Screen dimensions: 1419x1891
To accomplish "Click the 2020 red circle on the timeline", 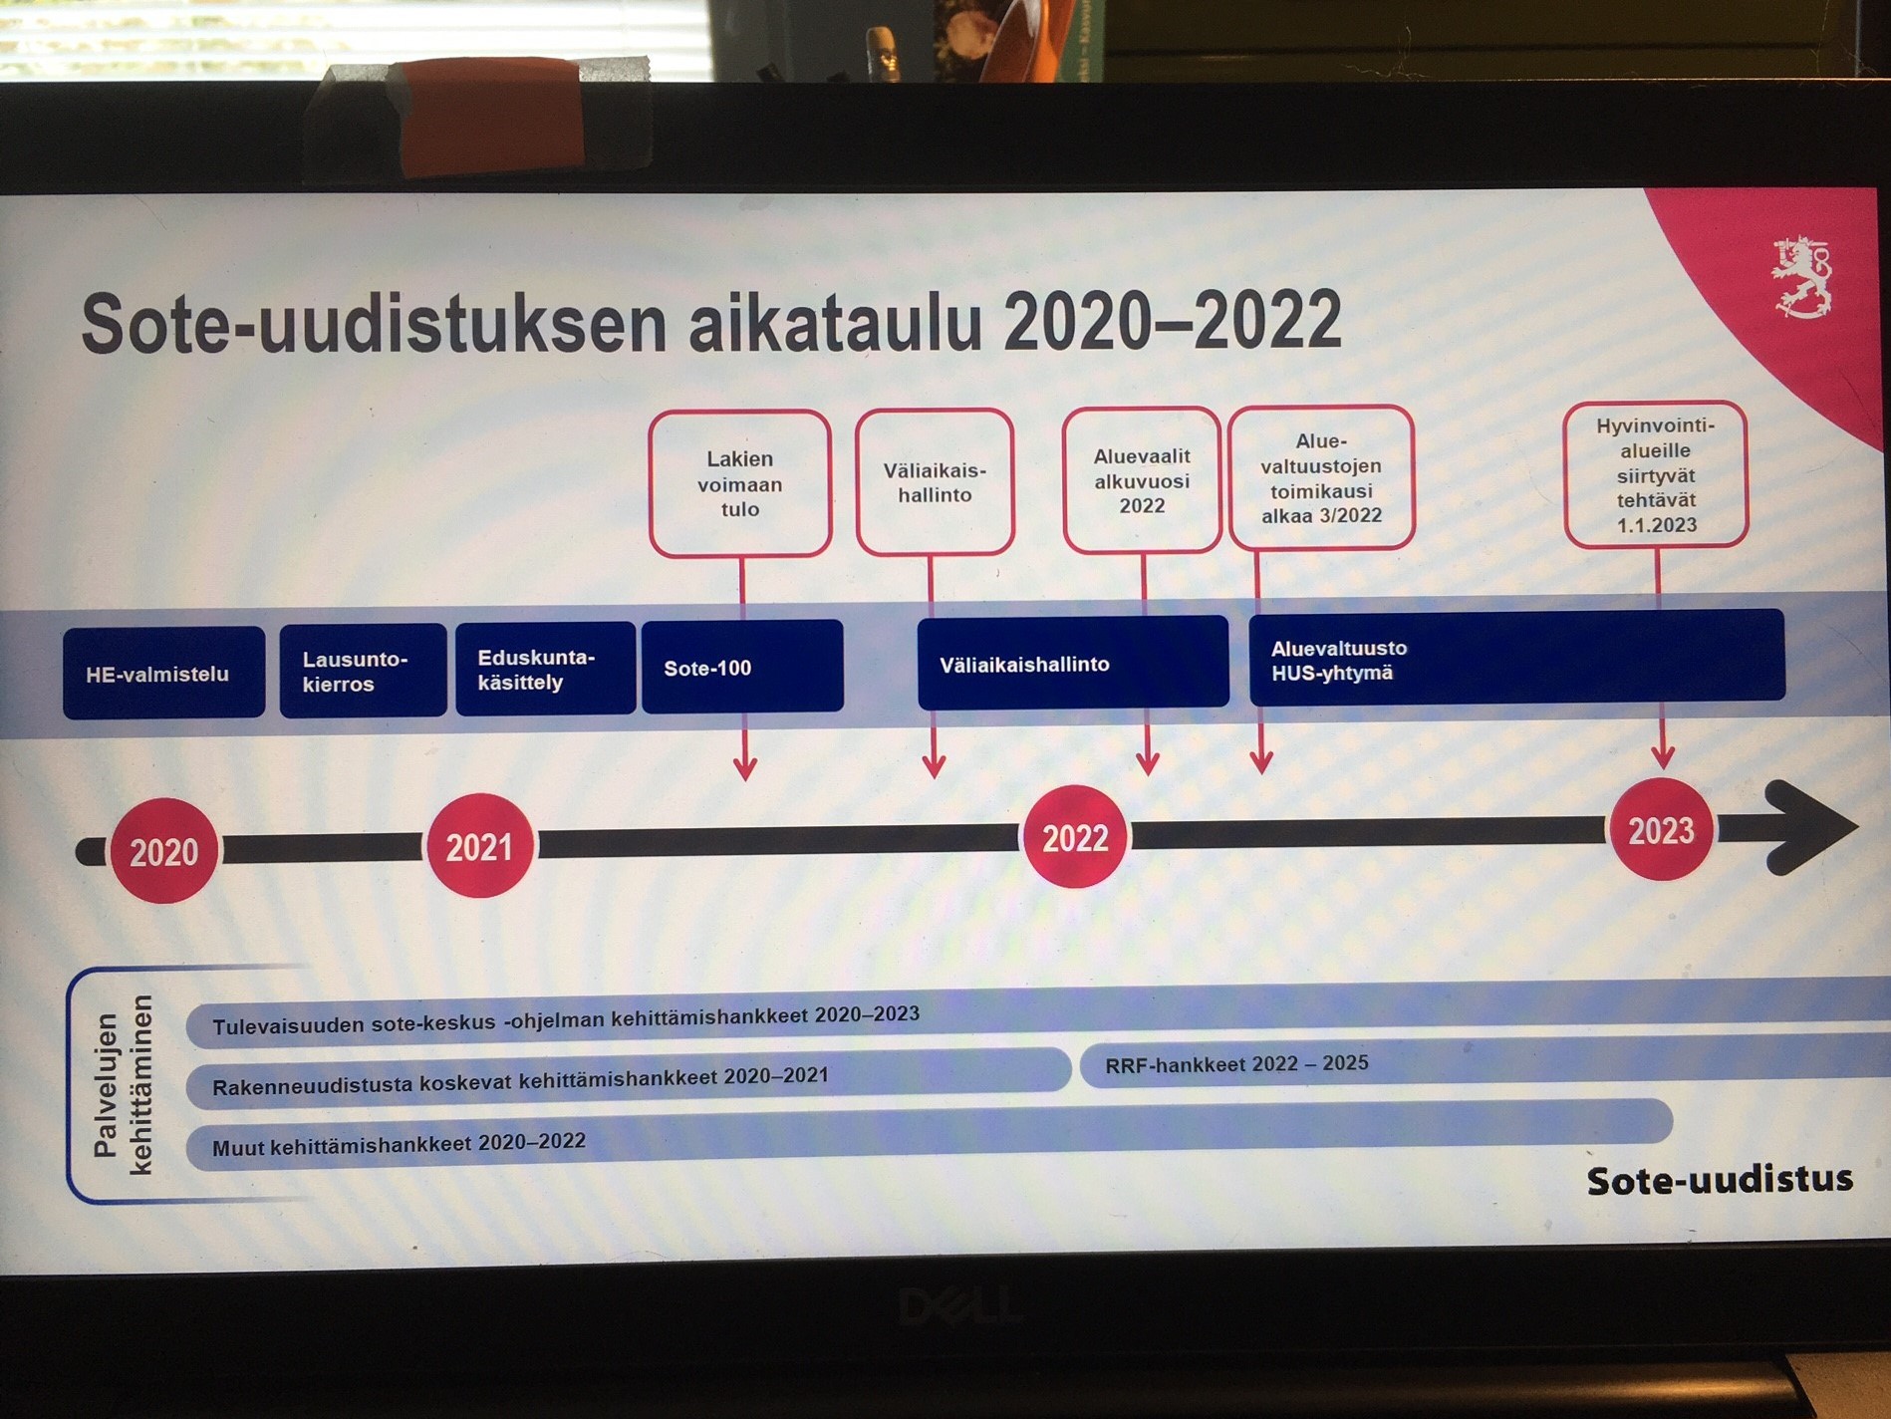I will pos(163,851).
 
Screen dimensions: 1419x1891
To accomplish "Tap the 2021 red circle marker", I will pos(479,846).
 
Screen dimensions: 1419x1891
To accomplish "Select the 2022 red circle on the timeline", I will pos(1075,837).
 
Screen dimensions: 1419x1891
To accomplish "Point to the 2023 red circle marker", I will pos(1661,830).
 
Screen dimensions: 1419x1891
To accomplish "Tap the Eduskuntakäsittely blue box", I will pos(545,669).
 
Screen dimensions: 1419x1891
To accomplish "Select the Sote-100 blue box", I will pos(742,667).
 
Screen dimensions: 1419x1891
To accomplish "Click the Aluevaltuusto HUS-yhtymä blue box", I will pos(1515,659).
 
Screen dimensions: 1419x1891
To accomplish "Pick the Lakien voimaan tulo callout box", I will pos(739,483).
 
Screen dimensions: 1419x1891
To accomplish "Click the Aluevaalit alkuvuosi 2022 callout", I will pos(1142,480).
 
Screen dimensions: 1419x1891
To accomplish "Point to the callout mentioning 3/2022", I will pos(1321,477).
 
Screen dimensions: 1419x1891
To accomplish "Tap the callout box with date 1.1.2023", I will pos(1656,475).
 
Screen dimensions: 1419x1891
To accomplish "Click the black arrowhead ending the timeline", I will pos(1808,827).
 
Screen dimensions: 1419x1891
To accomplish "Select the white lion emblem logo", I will pos(1801,277).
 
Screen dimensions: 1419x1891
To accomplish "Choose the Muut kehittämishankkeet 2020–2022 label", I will pos(399,1144).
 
